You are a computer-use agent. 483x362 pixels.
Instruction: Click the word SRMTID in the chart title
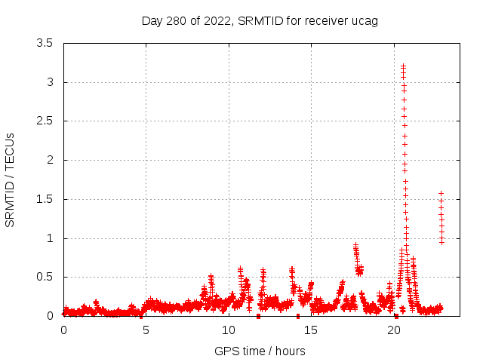pos(259,20)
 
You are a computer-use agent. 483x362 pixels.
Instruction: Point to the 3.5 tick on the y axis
pos(45,43)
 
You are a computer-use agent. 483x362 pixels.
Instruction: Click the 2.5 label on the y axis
pos(45,121)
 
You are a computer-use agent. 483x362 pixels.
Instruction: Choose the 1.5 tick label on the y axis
pos(45,199)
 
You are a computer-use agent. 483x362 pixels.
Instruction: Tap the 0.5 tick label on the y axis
pos(45,277)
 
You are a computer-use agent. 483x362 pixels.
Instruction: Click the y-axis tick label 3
pos(50,82)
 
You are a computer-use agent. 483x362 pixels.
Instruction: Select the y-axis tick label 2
pos(50,160)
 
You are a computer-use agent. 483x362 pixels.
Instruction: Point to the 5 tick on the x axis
pos(146,330)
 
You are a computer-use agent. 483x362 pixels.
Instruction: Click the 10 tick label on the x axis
pos(229,330)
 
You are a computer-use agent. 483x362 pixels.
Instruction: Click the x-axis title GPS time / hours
pos(260,351)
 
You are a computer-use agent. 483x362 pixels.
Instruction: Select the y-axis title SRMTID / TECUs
pos(11,179)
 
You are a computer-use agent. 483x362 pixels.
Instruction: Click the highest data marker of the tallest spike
pos(403,66)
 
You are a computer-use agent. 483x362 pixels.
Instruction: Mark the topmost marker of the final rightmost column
pos(441,194)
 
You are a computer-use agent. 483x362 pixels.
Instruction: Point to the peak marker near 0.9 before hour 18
pos(355,246)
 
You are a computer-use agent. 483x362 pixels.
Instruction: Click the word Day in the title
pos(152,20)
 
